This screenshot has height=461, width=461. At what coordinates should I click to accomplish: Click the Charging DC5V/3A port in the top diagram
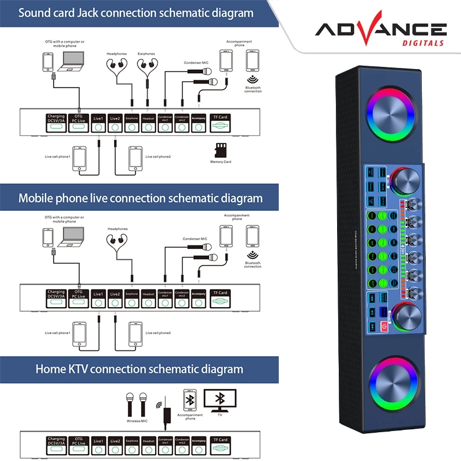click(x=56, y=123)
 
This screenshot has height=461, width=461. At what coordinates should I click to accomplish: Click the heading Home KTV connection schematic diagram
click(x=139, y=369)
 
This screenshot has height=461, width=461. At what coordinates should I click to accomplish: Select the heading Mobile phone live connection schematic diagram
click(x=141, y=198)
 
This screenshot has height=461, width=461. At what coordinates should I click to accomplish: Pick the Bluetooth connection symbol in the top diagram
click(x=252, y=81)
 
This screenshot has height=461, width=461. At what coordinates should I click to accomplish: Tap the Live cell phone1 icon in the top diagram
click(x=81, y=158)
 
